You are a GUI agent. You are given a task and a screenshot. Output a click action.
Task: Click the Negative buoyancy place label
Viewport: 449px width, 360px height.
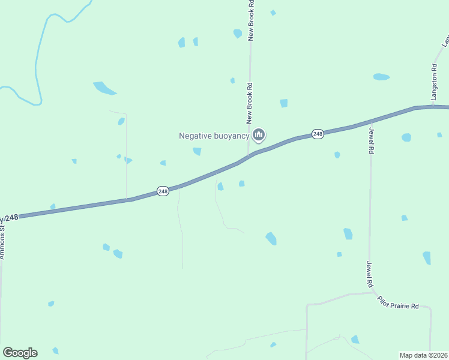click(x=214, y=136)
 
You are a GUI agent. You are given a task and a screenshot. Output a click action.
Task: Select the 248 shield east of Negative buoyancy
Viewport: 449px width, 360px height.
click(x=318, y=134)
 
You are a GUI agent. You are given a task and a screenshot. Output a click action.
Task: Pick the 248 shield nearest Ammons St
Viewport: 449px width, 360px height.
click(x=163, y=191)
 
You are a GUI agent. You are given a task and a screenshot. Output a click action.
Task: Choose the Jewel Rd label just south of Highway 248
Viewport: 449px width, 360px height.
click(x=372, y=140)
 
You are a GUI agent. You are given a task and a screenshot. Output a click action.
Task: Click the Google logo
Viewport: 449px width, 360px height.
click(x=20, y=353)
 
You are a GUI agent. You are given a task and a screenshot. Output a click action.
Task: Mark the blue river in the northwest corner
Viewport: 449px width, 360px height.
click(x=37, y=66)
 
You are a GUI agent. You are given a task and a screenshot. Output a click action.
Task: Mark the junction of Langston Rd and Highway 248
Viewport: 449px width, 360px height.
click(x=433, y=107)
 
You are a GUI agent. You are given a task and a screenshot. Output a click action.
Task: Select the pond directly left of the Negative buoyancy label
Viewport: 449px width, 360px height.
click(x=197, y=151)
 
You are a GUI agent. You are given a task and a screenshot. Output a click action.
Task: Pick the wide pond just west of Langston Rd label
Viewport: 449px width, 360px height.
click(x=381, y=77)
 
